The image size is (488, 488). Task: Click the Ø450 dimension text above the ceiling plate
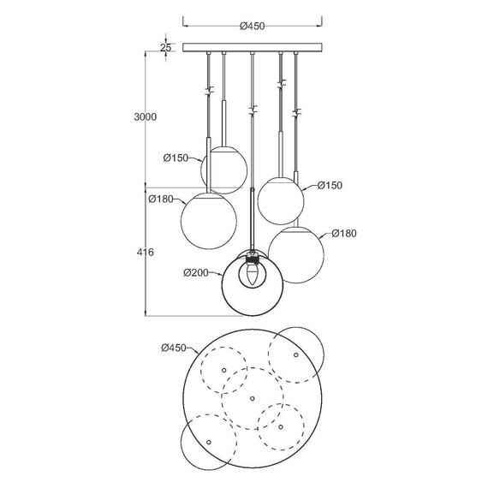[x=252, y=27]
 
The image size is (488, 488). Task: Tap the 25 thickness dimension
[x=165, y=48]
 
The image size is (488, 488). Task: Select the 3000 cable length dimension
[x=146, y=117]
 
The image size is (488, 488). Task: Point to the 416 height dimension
[x=146, y=252]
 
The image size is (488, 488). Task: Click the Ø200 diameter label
[x=196, y=273]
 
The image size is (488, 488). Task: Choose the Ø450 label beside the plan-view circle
[x=174, y=348]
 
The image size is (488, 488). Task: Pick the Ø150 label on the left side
[x=176, y=158]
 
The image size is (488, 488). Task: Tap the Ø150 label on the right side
[x=330, y=186]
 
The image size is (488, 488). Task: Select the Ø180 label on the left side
[x=161, y=199]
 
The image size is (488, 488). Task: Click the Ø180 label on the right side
[x=344, y=234]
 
